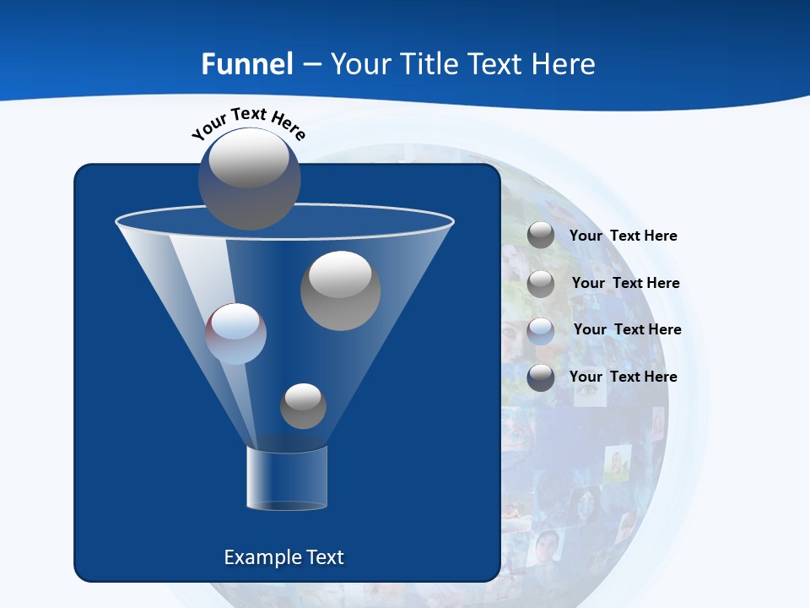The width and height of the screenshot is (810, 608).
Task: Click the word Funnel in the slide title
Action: tap(247, 64)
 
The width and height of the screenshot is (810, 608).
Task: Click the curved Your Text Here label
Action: tap(248, 122)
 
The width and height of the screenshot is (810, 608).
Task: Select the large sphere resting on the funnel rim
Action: tap(249, 178)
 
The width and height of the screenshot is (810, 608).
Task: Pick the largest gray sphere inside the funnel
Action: tap(340, 290)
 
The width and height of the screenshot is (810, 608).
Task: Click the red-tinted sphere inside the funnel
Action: tap(235, 334)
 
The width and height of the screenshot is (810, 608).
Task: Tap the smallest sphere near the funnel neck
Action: tap(303, 406)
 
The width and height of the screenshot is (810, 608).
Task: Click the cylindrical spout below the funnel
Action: tap(286, 478)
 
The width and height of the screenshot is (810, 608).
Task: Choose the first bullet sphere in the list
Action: tap(541, 236)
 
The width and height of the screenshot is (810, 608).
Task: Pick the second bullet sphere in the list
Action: tap(541, 283)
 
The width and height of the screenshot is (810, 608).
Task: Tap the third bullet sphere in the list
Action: tap(541, 330)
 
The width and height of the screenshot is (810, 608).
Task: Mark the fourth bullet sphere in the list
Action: tap(541, 377)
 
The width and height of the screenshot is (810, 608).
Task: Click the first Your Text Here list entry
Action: tap(623, 236)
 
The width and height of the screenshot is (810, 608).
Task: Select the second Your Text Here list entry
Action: tap(625, 283)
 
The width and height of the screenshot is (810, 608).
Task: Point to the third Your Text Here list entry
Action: tap(627, 329)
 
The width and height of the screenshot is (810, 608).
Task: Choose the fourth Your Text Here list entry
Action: tap(623, 377)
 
